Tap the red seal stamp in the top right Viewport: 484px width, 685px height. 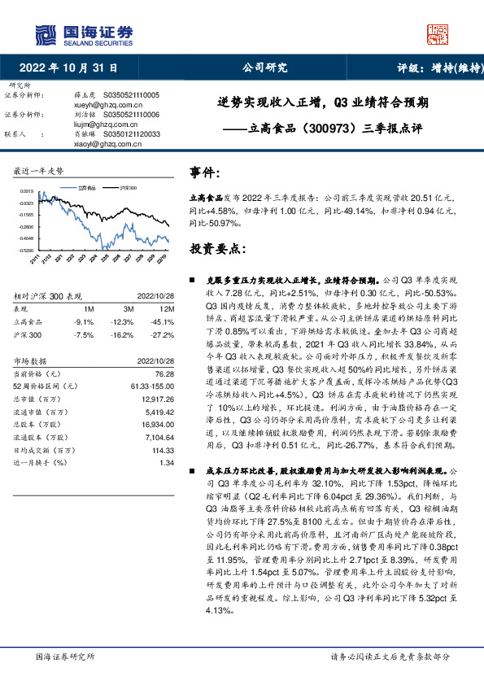coord(438,34)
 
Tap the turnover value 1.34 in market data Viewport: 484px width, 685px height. coord(168,462)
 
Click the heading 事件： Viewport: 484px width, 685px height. coord(206,173)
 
